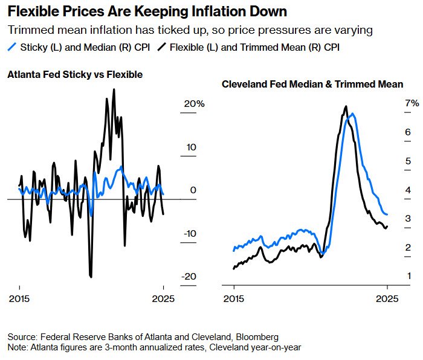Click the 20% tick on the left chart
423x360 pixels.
(195, 104)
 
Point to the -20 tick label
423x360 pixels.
(190, 277)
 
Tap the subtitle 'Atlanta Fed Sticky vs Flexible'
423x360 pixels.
(75, 75)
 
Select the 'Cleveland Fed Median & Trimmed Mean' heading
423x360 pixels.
(312, 85)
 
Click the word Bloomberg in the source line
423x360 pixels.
(259, 336)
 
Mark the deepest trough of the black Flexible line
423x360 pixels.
(91, 277)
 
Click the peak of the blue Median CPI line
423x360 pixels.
(352, 114)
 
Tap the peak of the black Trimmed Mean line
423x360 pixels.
(346, 106)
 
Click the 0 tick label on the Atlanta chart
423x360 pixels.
(193, 190)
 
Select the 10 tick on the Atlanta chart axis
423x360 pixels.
(192, 147)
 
